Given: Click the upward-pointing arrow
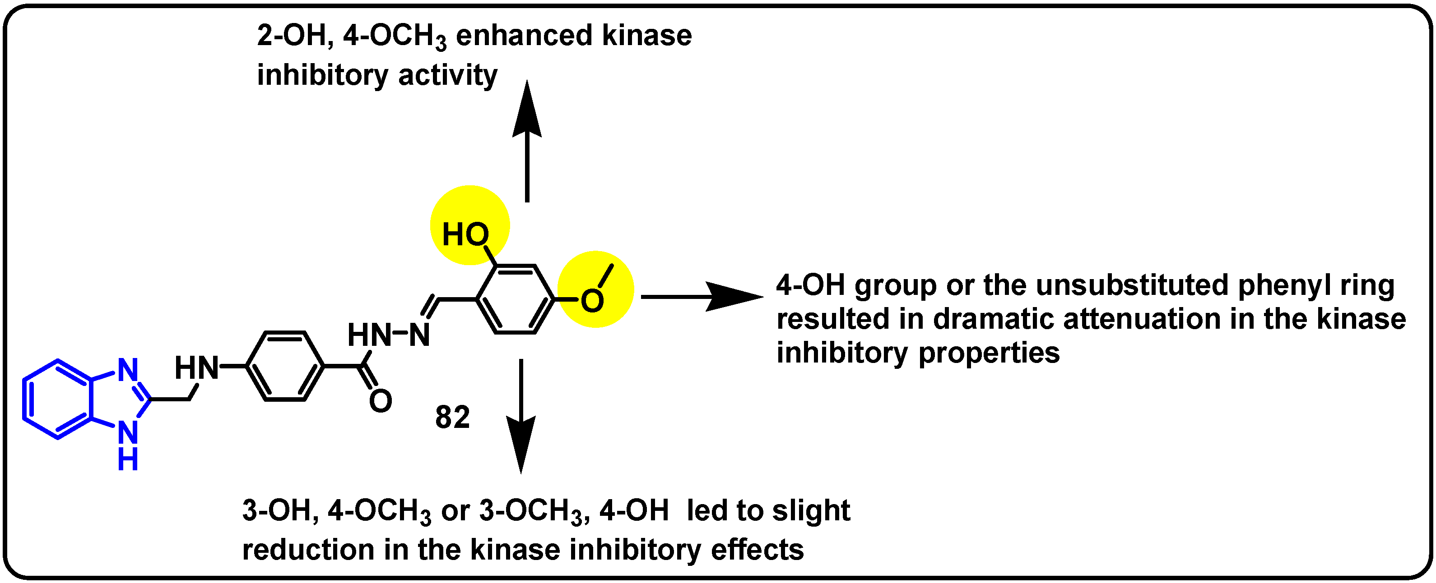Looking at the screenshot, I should pyautogui.click(x=527, y=139).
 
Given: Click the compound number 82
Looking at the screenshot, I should pyautogui.click(x=452, y=417).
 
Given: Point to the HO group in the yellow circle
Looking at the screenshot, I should pyautogui.click(x=465, y=234).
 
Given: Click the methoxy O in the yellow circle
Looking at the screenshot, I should pyautogui.click(x=592, y=301).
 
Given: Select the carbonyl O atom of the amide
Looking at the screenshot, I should pyautogui.click(x=381, y=401).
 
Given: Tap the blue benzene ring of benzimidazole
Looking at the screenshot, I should pyautogui.click(x=56, y=399).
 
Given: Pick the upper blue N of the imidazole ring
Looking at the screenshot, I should pyautogui.click(x=128, y=369).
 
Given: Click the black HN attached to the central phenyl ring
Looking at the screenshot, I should pyautogui.click(x=196, y=368).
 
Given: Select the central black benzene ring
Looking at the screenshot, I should pyautogui.click(x=285, y=366).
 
